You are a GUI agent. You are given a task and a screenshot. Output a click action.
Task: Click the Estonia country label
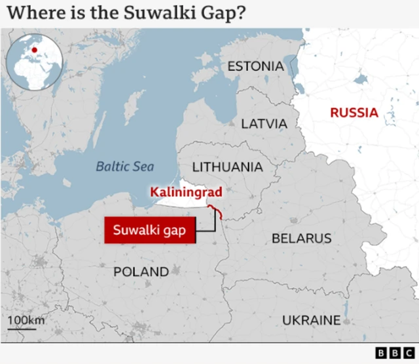tap(255, 66)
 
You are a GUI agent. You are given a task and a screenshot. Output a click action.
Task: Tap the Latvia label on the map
tap(264, 123)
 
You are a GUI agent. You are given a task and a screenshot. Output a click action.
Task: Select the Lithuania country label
tap(227, 167)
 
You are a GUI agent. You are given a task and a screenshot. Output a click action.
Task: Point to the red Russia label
tap(354, 113)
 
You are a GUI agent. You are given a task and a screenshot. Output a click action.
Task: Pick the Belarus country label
tap(301, 238)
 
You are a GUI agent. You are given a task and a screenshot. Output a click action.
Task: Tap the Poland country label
tap(141, 271)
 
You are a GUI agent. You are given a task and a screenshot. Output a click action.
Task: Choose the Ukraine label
tap(311, 320)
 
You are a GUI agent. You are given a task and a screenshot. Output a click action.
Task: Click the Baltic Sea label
tap(125, 167)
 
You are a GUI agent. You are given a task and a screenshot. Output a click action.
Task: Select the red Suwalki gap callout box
tap(150, 231)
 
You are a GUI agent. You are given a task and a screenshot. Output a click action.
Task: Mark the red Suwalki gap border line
tap(215, 211)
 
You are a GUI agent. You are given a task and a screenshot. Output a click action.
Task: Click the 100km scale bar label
tap(26, 320)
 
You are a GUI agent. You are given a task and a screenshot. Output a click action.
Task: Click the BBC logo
tap(390, 353)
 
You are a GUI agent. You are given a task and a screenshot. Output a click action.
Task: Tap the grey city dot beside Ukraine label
tap(346, 321)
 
